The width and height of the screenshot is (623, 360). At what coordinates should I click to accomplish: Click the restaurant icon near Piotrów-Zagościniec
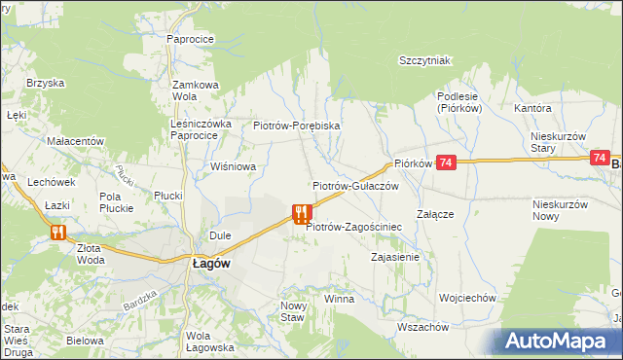[x=302, y=214]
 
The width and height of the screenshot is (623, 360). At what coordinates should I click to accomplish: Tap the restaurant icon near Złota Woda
[x=57, y=232]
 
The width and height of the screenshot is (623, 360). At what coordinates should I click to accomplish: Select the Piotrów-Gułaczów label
[x=355, y=185]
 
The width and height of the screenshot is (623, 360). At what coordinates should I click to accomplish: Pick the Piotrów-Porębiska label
[x=296, y=126]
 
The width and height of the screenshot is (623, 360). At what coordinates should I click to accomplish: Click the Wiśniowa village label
[x=234, y=166]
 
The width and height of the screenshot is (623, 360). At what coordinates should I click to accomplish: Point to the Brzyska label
[x=44, y=84]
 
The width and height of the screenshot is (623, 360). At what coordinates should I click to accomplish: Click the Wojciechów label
[x=468, y=298]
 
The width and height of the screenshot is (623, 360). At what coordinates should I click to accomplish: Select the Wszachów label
[x=422, y=327]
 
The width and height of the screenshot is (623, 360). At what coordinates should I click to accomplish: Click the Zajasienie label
[x=395, y=258]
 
